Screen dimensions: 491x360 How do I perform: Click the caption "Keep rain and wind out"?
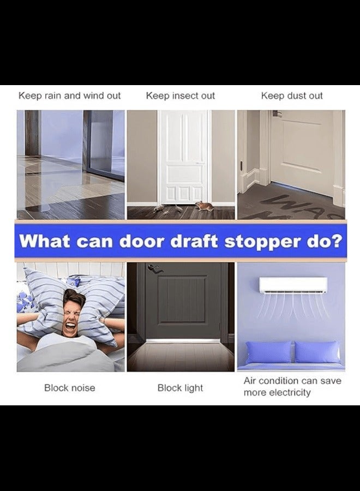click(x=70, y=95)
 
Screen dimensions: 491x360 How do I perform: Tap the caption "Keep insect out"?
click(x=181, y=95)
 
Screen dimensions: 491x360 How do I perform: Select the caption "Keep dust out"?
click(x=292, y=95)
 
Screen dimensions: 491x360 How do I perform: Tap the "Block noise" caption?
click(x=70, y=388)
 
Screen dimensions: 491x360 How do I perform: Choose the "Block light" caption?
click(x=180, y=388)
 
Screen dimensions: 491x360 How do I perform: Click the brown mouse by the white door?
click(x=203, y=206)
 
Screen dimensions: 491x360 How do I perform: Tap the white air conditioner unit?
click(x=293, y=285)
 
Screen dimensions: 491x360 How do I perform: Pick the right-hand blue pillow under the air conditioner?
click(x=316, y=352)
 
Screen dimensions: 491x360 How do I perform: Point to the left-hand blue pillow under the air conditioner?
click(x=268, y=352)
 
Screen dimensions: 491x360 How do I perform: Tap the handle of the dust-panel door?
click(x=275, y=114)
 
